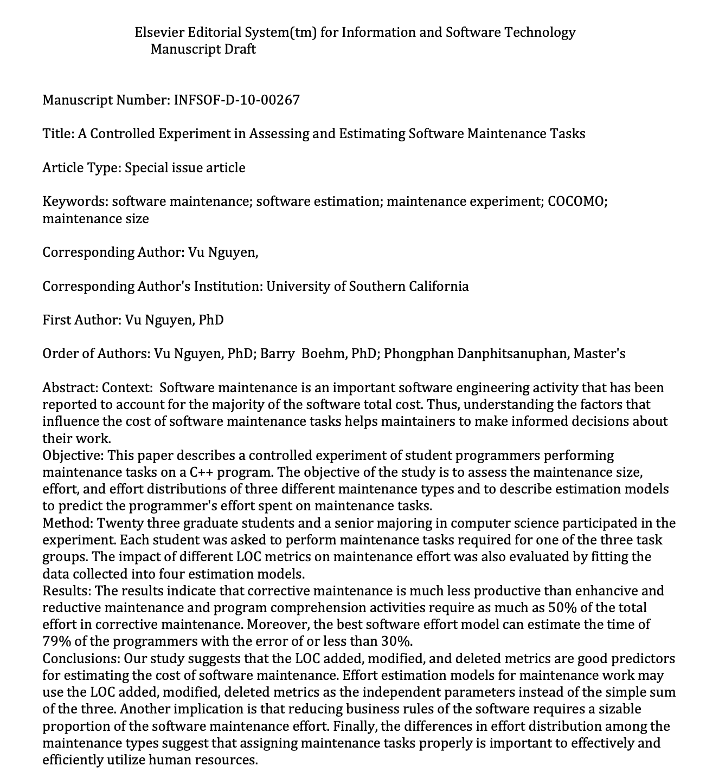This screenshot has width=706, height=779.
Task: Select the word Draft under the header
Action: pyautogui.click(x=239, y=49)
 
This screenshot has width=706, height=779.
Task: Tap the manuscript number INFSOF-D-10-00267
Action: pyautogui.click(x=236, y=100)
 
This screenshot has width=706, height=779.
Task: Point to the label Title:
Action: pyautogui.click(x=58, y=134)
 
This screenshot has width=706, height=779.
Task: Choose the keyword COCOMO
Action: pyautogui.click(x=577, y=202)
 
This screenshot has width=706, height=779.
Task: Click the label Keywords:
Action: pyautogui.click(x=75, y=202)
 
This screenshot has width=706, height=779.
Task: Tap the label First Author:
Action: pyautogui.click(x=82, y=320)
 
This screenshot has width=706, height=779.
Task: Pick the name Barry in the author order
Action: pyautogui.click(x=277, y=354)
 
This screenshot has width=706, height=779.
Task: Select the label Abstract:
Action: pyautogui.click(x=70, y=388)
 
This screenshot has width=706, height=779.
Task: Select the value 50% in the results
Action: pyautogui.click(x=561, y=607)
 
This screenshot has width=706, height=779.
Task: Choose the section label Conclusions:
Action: pyautogui.click(x=81, y=658)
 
